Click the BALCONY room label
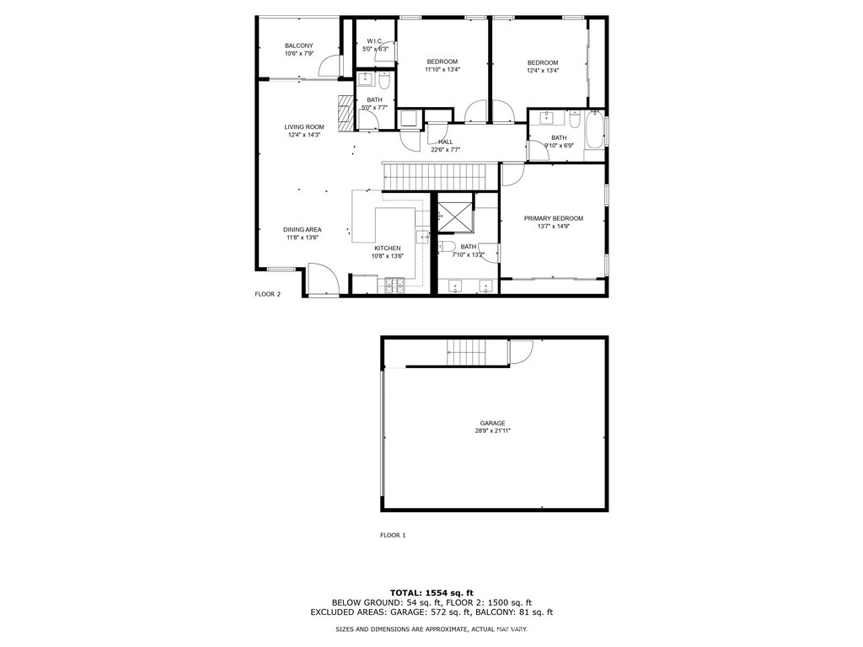tap(299, 45)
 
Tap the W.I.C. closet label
tap(374, 41)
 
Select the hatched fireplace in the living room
tap(345, 113)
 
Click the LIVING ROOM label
tap(303, 127)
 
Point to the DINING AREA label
tap(303, 229)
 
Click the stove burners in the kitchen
tap(394, 285)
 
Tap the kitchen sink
tap(422, 237)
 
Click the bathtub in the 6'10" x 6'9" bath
tap(595, 129)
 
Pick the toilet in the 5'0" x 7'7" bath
tap(383, 80)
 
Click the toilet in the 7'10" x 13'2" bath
tap(447, 246)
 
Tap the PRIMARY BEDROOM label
tap(553, 218)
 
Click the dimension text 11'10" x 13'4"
tap(442, 70)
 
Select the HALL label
tap(446, 142)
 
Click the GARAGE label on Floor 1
tap(492, 423)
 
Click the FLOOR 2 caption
tap(267, 294)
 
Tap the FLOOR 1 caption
tap(393, 535)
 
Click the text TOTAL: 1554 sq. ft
tap(431, 592)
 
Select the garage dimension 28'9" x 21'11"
tap(492, 430)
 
